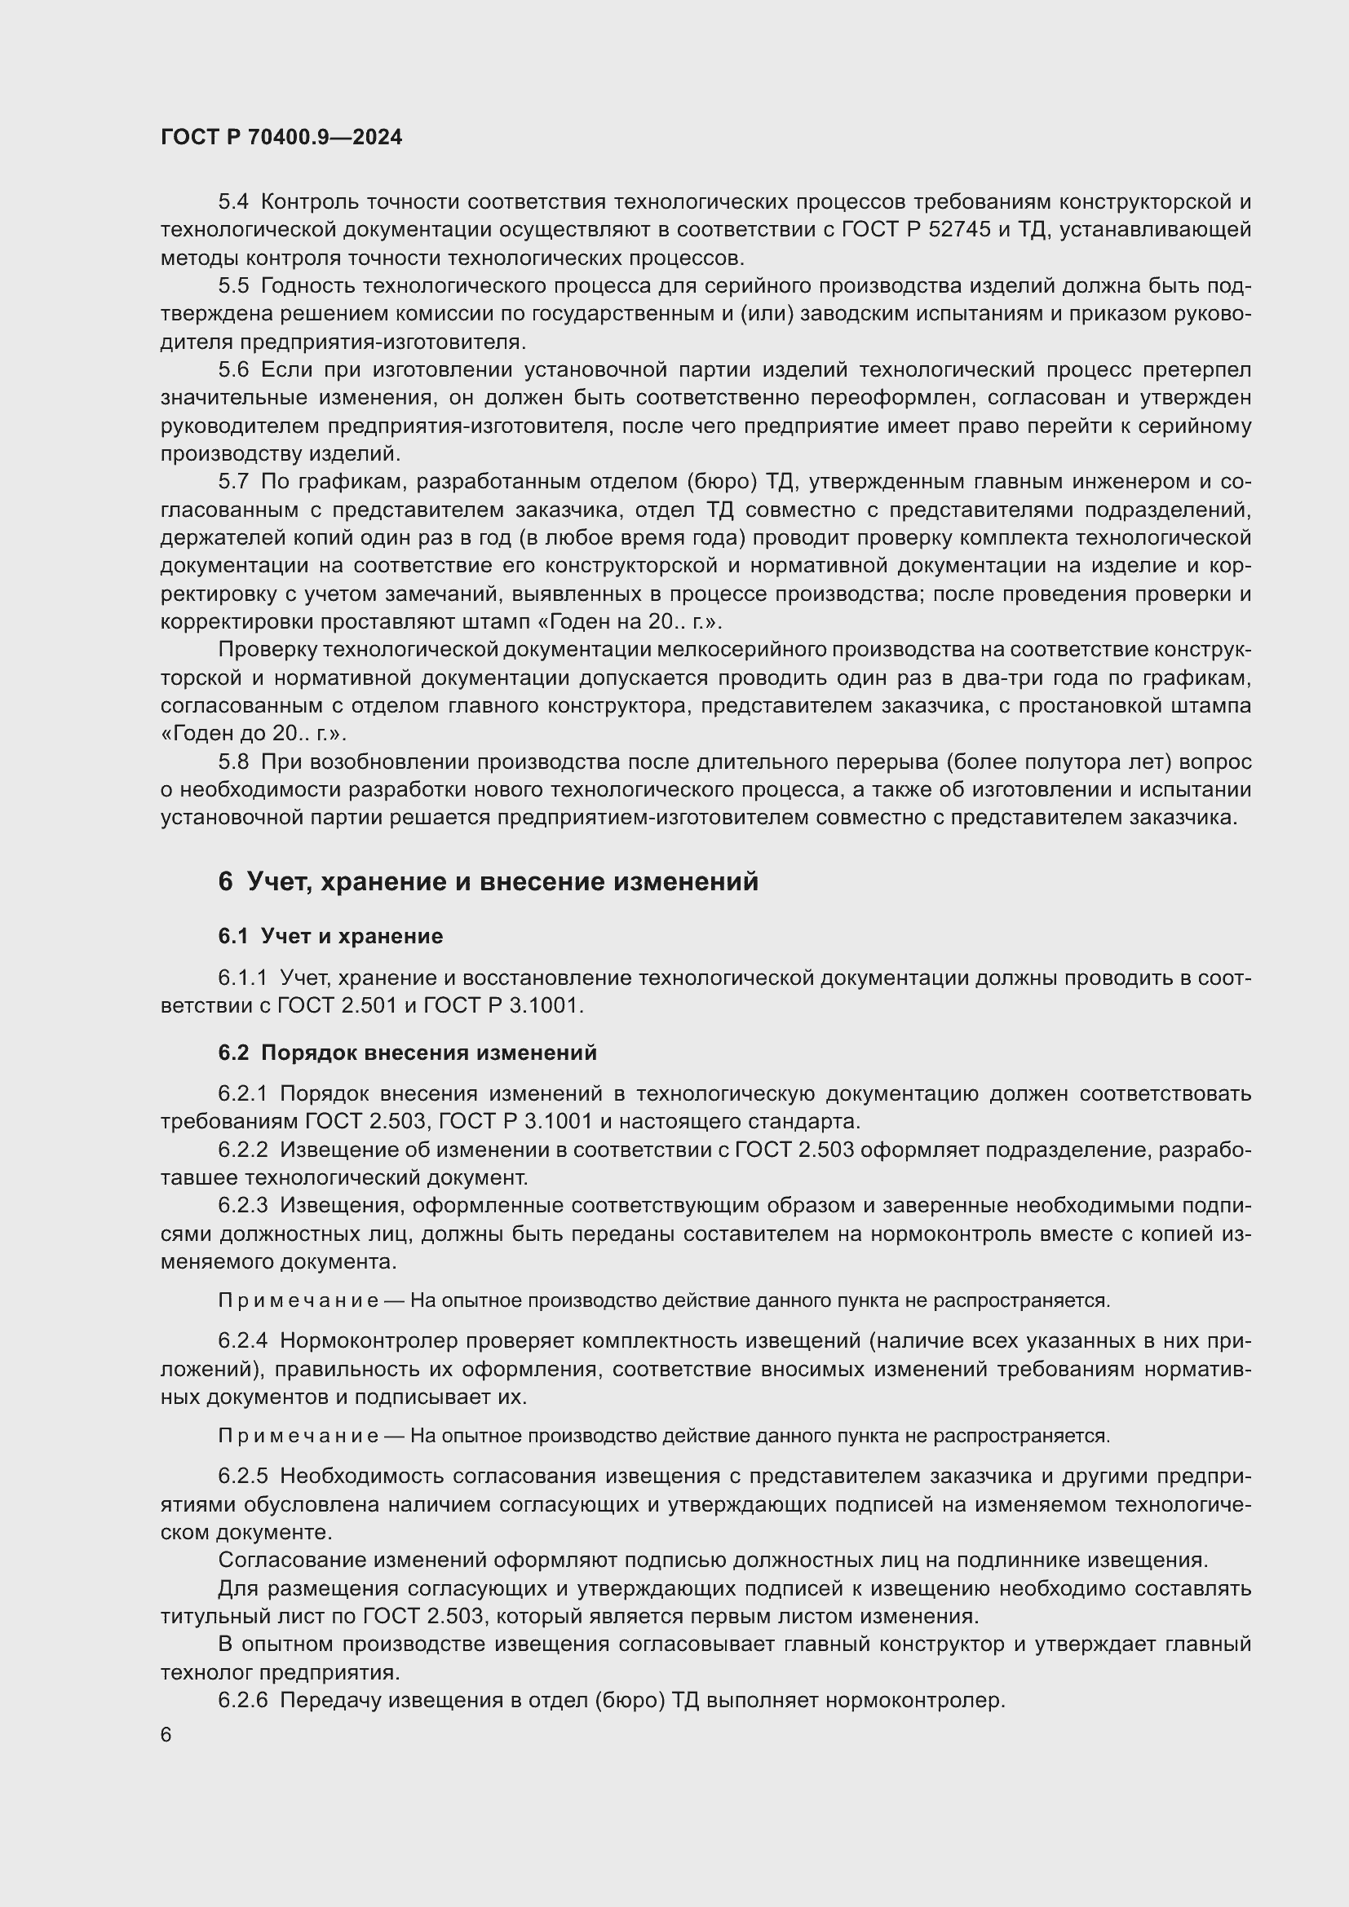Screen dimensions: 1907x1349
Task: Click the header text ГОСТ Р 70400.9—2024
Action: click(281, 138)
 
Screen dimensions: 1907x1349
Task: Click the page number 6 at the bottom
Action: click(166, 1736)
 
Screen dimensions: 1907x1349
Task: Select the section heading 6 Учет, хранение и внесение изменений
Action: click(489, 881)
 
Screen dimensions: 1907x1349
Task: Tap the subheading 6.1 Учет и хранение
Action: click(330, 936)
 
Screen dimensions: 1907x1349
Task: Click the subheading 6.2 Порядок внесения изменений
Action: click(407, 1053)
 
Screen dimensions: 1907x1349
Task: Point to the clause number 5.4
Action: click(233, 202)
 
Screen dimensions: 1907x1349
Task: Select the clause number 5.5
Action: click(233, 285)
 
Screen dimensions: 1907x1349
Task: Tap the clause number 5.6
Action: click(233, 369)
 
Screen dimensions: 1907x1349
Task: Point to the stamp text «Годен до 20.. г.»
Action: click(253, 735)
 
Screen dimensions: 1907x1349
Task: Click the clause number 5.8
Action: click(233, 761)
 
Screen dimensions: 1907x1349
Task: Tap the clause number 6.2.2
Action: click(242, 1150)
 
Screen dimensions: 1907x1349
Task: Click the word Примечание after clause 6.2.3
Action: click(299, 1300)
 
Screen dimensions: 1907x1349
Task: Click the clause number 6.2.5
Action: click(242, 1477)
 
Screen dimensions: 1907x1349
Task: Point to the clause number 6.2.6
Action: click(242, 1700)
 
